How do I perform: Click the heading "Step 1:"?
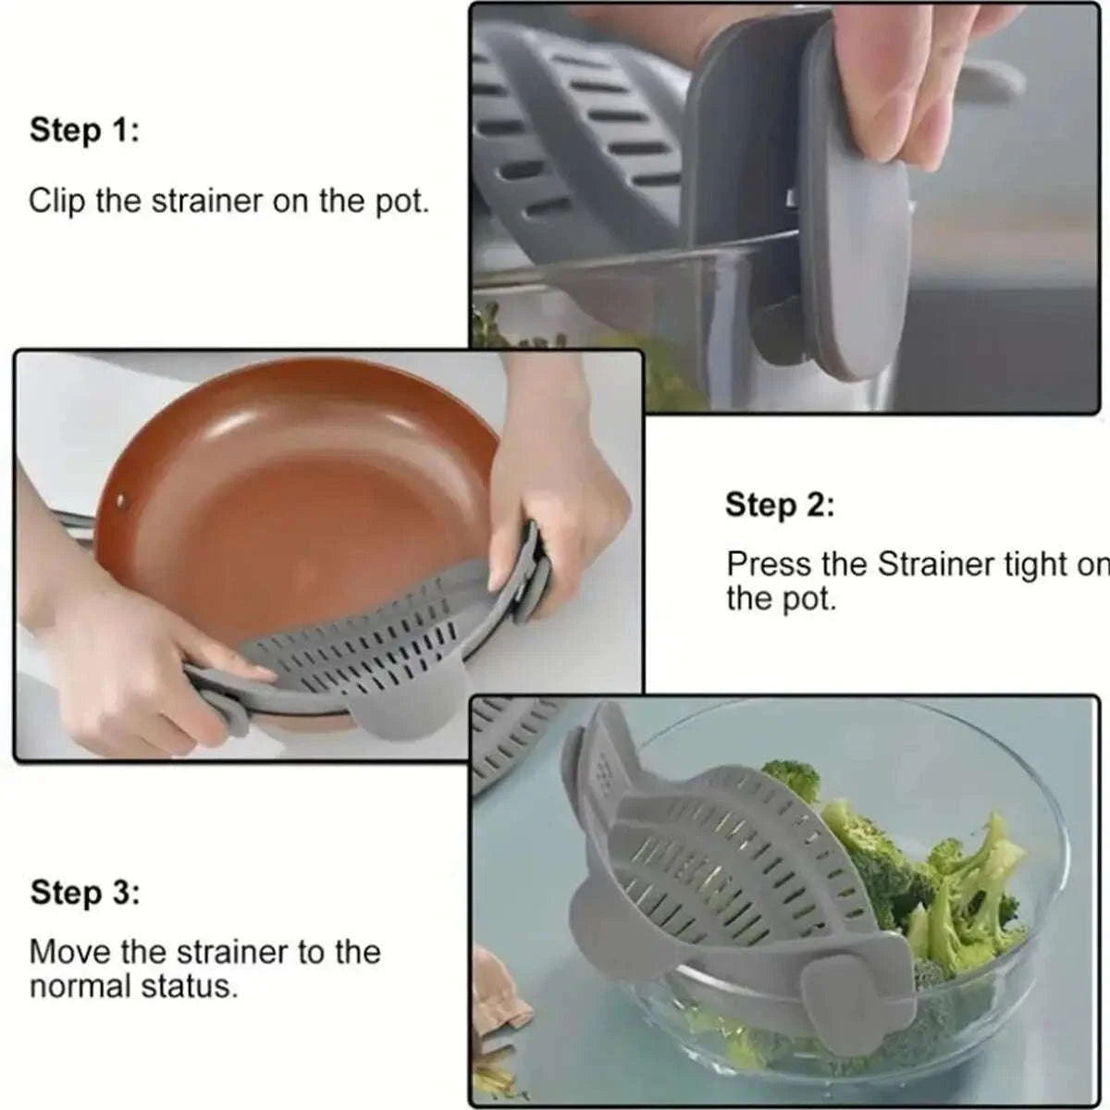click(84, 130)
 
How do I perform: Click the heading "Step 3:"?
click(85, 894)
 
